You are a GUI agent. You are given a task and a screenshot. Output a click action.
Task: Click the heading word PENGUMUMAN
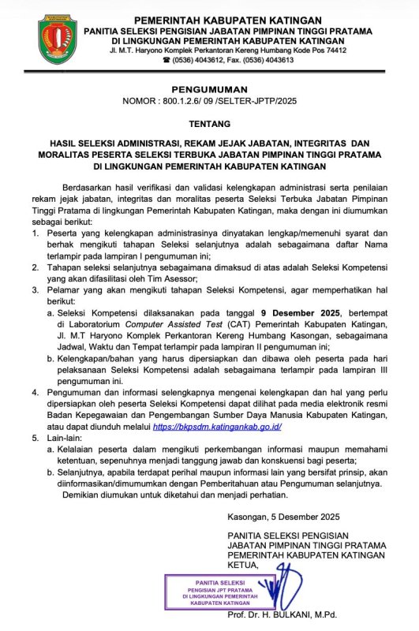click(x=209, y=90)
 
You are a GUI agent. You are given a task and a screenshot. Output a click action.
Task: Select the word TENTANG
click(x=209, y=125)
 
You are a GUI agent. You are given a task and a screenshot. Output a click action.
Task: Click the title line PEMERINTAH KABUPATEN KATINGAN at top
click(x=217, y=19)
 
